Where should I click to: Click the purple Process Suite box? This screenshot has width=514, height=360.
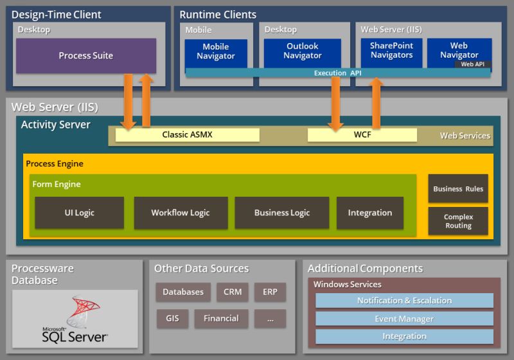click(x=85, y=56)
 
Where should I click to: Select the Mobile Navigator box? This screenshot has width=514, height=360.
click(x=216, y=52)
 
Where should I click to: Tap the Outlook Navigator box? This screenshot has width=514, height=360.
click(x=302, y=52)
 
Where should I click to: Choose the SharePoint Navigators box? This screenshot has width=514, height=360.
click(x=391, y=51)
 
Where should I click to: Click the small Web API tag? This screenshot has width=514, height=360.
click(x=473, y=64)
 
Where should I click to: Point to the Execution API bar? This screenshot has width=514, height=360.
click(x=337, y=73)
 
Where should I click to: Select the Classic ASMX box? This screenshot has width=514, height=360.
click(x=188, y=135)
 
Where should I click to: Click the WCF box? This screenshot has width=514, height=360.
click(x=362, y=135)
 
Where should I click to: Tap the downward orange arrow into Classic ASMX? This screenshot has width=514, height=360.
click(x=127, y=101)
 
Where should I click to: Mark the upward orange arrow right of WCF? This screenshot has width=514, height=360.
click(x=377, y=103)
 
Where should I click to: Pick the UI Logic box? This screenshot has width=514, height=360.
click(x=79, y=213)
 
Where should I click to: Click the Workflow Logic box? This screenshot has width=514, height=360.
click(x=180, y=213)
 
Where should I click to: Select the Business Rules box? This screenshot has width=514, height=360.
click(x=458, y=189)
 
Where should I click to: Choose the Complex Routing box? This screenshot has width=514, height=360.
click(x=458, y=221)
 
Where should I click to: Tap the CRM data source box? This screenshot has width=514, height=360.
click(x=233, y=292)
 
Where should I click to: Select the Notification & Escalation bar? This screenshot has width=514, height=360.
click(x=404, y=301)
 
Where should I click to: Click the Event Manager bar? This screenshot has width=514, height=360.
click(x=404, y=319)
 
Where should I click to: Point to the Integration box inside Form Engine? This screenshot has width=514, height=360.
click(x=369, y=213)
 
